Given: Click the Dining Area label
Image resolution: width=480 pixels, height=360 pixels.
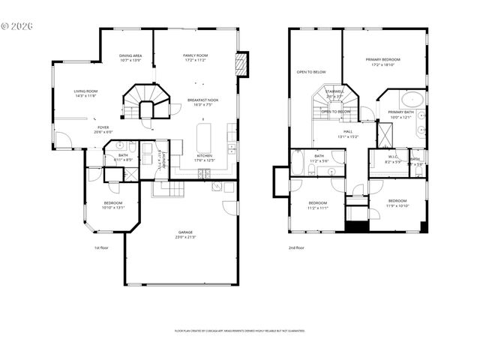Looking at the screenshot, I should tap(131, 58).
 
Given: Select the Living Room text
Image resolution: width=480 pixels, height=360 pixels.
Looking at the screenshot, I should tap(86, 93).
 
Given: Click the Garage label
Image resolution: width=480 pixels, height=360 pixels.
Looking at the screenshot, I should tap(185, 234).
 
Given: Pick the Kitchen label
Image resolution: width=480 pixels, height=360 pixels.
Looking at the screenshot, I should tap(205, 157).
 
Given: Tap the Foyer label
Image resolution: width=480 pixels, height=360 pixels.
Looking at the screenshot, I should tap(102, 129).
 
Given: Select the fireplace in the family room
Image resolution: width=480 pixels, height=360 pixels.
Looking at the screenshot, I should tap(241, 64).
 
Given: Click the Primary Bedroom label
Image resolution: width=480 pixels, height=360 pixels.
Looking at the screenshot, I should tap(383, 61).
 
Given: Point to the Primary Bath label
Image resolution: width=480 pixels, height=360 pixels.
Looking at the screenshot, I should tap(401, 114).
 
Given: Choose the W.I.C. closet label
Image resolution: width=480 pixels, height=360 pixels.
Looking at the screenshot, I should tap(393, 159).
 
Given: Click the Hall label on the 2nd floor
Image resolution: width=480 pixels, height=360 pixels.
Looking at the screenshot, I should tap(348, 133).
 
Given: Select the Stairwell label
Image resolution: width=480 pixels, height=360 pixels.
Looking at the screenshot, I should tap(334, 93).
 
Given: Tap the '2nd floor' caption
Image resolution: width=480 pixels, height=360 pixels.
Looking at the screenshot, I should tap(296, 247).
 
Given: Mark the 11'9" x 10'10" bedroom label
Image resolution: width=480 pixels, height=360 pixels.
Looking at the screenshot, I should tap(397, 202).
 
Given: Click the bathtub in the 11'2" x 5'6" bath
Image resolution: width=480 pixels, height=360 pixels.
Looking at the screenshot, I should tap(298, 163).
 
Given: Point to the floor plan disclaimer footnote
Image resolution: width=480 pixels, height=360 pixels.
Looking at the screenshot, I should tap(239, 330).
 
